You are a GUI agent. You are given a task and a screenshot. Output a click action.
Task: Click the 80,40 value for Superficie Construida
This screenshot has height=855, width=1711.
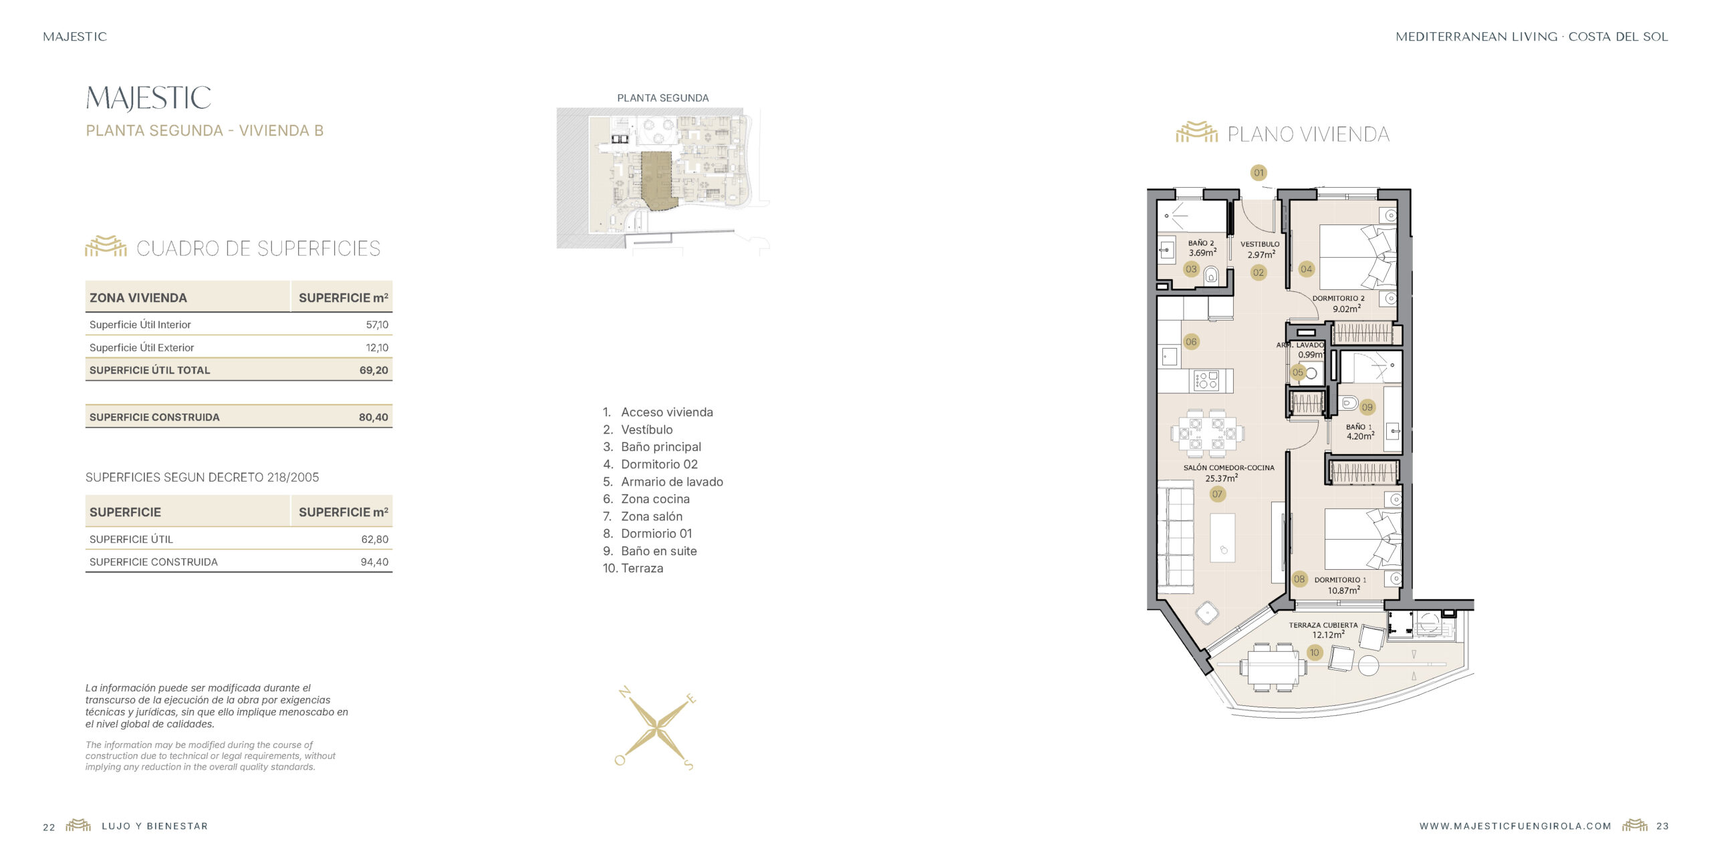pos(373,417)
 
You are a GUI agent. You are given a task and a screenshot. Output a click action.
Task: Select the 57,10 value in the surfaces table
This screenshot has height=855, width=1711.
pos(377,325)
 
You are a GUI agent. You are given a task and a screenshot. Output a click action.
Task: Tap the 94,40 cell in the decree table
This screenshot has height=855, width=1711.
pos(374,562)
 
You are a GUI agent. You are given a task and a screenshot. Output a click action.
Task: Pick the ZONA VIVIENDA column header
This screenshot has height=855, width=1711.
pos(138,298)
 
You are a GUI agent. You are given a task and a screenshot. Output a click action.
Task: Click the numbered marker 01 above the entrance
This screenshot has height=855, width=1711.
pos(1259,172)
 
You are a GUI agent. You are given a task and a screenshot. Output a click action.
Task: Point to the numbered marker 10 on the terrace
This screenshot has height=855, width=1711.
pos(1315,653)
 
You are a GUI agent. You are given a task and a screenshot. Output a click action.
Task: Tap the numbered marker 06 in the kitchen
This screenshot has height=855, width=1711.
pos(1191,342)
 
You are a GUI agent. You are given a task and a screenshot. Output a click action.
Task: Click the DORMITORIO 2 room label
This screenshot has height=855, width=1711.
pos(1338,299)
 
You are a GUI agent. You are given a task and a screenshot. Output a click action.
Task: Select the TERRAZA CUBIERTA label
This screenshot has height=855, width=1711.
pos(1323,625)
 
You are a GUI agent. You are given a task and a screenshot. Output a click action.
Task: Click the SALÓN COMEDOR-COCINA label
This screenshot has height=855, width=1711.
pos(1228,468)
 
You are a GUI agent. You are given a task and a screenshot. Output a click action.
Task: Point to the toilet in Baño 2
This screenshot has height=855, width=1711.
pos(1211,275)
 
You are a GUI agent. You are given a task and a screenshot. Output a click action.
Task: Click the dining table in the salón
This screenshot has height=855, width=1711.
pos(1207,434)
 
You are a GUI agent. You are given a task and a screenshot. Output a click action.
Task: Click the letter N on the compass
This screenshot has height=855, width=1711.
pos(625,692)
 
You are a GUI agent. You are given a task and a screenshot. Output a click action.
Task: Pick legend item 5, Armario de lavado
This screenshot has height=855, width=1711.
pos(662,482)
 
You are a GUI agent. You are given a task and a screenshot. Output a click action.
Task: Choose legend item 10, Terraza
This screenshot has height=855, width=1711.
pos(633,568)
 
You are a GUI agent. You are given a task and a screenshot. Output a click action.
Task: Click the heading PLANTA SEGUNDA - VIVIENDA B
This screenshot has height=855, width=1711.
pos(205,131)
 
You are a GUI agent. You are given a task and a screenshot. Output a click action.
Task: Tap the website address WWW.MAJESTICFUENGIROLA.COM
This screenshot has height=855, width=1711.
pos(1515,826)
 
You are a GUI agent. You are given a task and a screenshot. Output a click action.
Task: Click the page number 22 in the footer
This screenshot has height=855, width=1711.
pos(49,827)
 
